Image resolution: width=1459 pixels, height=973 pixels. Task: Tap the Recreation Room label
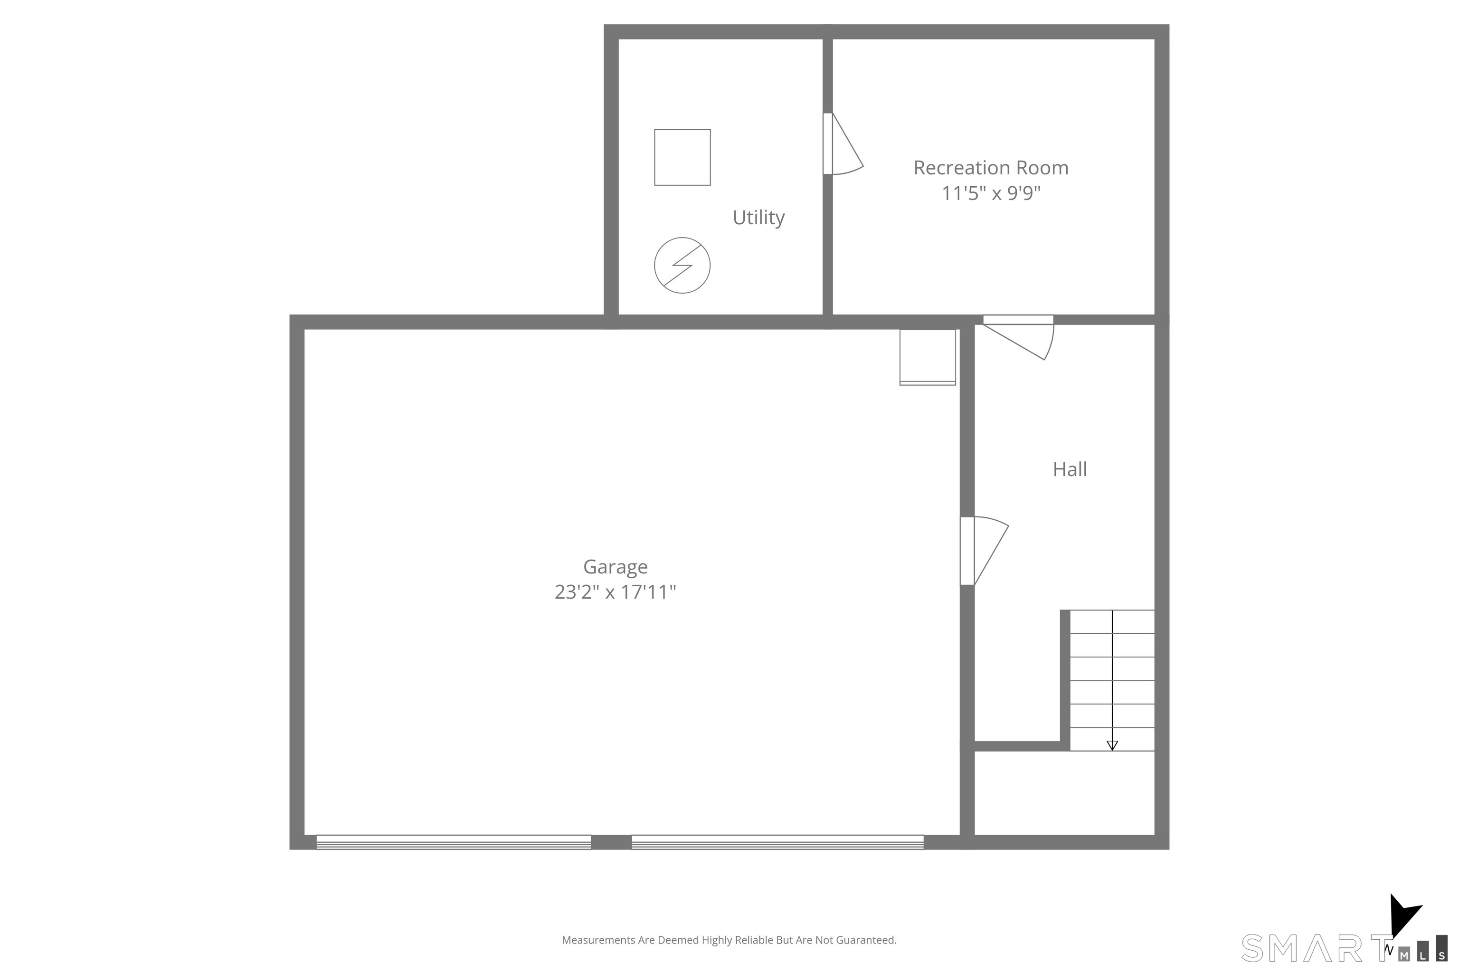(991, 168)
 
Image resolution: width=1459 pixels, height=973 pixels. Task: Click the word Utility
(758, 217)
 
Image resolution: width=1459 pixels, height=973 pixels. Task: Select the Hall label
(1070, 469)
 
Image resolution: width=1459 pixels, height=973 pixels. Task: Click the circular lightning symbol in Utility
(682, 265)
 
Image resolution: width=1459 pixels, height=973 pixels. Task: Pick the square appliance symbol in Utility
(682, 157)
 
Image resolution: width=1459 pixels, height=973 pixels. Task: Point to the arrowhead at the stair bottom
(1112, 745)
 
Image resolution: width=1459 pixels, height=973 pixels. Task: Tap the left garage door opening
(454, 842)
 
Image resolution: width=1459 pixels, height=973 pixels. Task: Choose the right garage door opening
(777, 842)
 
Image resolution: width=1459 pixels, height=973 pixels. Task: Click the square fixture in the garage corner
(928, 357)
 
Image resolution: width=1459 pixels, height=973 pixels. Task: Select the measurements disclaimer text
(729, 940)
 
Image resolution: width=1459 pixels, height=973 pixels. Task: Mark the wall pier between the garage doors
(611, 842)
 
